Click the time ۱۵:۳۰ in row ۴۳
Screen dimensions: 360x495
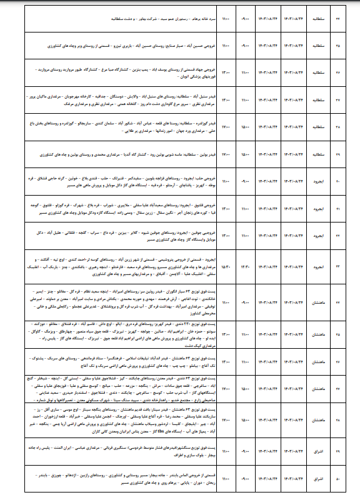pos(226,268)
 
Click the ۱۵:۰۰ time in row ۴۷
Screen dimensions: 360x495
pos(226,387)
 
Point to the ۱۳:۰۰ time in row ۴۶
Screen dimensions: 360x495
pos(226,361)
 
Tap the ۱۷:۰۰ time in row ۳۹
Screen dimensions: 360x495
pos(226,152)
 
